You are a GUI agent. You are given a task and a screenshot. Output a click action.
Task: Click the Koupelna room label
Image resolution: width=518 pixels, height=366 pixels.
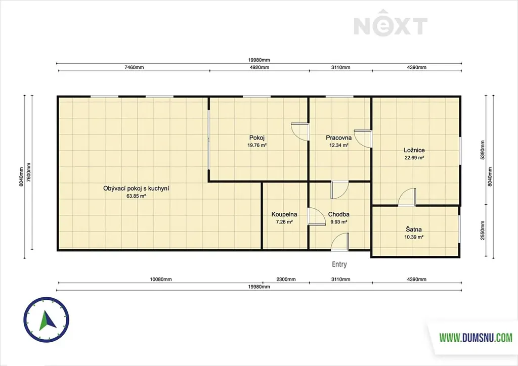click(284, 214)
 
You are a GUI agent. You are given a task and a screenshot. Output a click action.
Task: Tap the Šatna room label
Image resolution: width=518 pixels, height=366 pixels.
click(414, 230)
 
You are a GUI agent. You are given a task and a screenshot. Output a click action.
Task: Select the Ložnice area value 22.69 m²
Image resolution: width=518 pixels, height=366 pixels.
click(414, 158)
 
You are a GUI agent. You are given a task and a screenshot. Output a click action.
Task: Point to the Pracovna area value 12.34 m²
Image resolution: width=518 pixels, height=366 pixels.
click(338, 145)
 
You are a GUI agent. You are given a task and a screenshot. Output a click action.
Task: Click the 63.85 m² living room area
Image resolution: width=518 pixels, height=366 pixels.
click(136, 196)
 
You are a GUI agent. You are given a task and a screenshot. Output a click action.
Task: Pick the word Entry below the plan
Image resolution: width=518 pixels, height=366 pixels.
click(339, 264)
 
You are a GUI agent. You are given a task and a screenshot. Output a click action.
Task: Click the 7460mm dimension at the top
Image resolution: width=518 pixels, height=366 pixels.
click(134, 67)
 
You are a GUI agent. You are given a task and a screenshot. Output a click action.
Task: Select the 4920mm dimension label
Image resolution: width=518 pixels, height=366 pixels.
click(260, 67)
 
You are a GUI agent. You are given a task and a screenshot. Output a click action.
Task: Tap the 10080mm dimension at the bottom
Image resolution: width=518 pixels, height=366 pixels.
click(161, 279)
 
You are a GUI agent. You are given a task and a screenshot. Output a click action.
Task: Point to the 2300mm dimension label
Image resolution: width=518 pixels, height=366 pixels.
click(286, 279)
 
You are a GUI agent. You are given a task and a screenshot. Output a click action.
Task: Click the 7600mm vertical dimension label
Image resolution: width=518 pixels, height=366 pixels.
click(29, 173)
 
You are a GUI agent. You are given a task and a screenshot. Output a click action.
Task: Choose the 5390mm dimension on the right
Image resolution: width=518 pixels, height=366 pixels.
click(483, 151)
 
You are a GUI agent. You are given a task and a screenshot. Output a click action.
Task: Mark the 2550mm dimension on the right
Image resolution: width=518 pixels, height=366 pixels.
click(483, 231)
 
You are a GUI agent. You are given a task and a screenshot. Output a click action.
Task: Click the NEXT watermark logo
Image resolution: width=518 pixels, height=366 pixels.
click(391, 23)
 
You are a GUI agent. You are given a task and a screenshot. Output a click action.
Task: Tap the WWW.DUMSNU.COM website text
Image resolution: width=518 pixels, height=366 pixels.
click(476, 337)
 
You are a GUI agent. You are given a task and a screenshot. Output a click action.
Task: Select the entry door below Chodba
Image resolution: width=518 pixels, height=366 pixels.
click(339, 242)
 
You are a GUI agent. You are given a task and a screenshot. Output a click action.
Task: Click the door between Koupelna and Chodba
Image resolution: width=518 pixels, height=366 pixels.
click(317, 216)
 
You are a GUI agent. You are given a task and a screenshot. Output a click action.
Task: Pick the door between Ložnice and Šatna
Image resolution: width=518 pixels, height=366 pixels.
click(407, 197)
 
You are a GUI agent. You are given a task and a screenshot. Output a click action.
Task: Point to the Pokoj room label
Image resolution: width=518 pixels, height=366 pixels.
click(256, 138)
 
